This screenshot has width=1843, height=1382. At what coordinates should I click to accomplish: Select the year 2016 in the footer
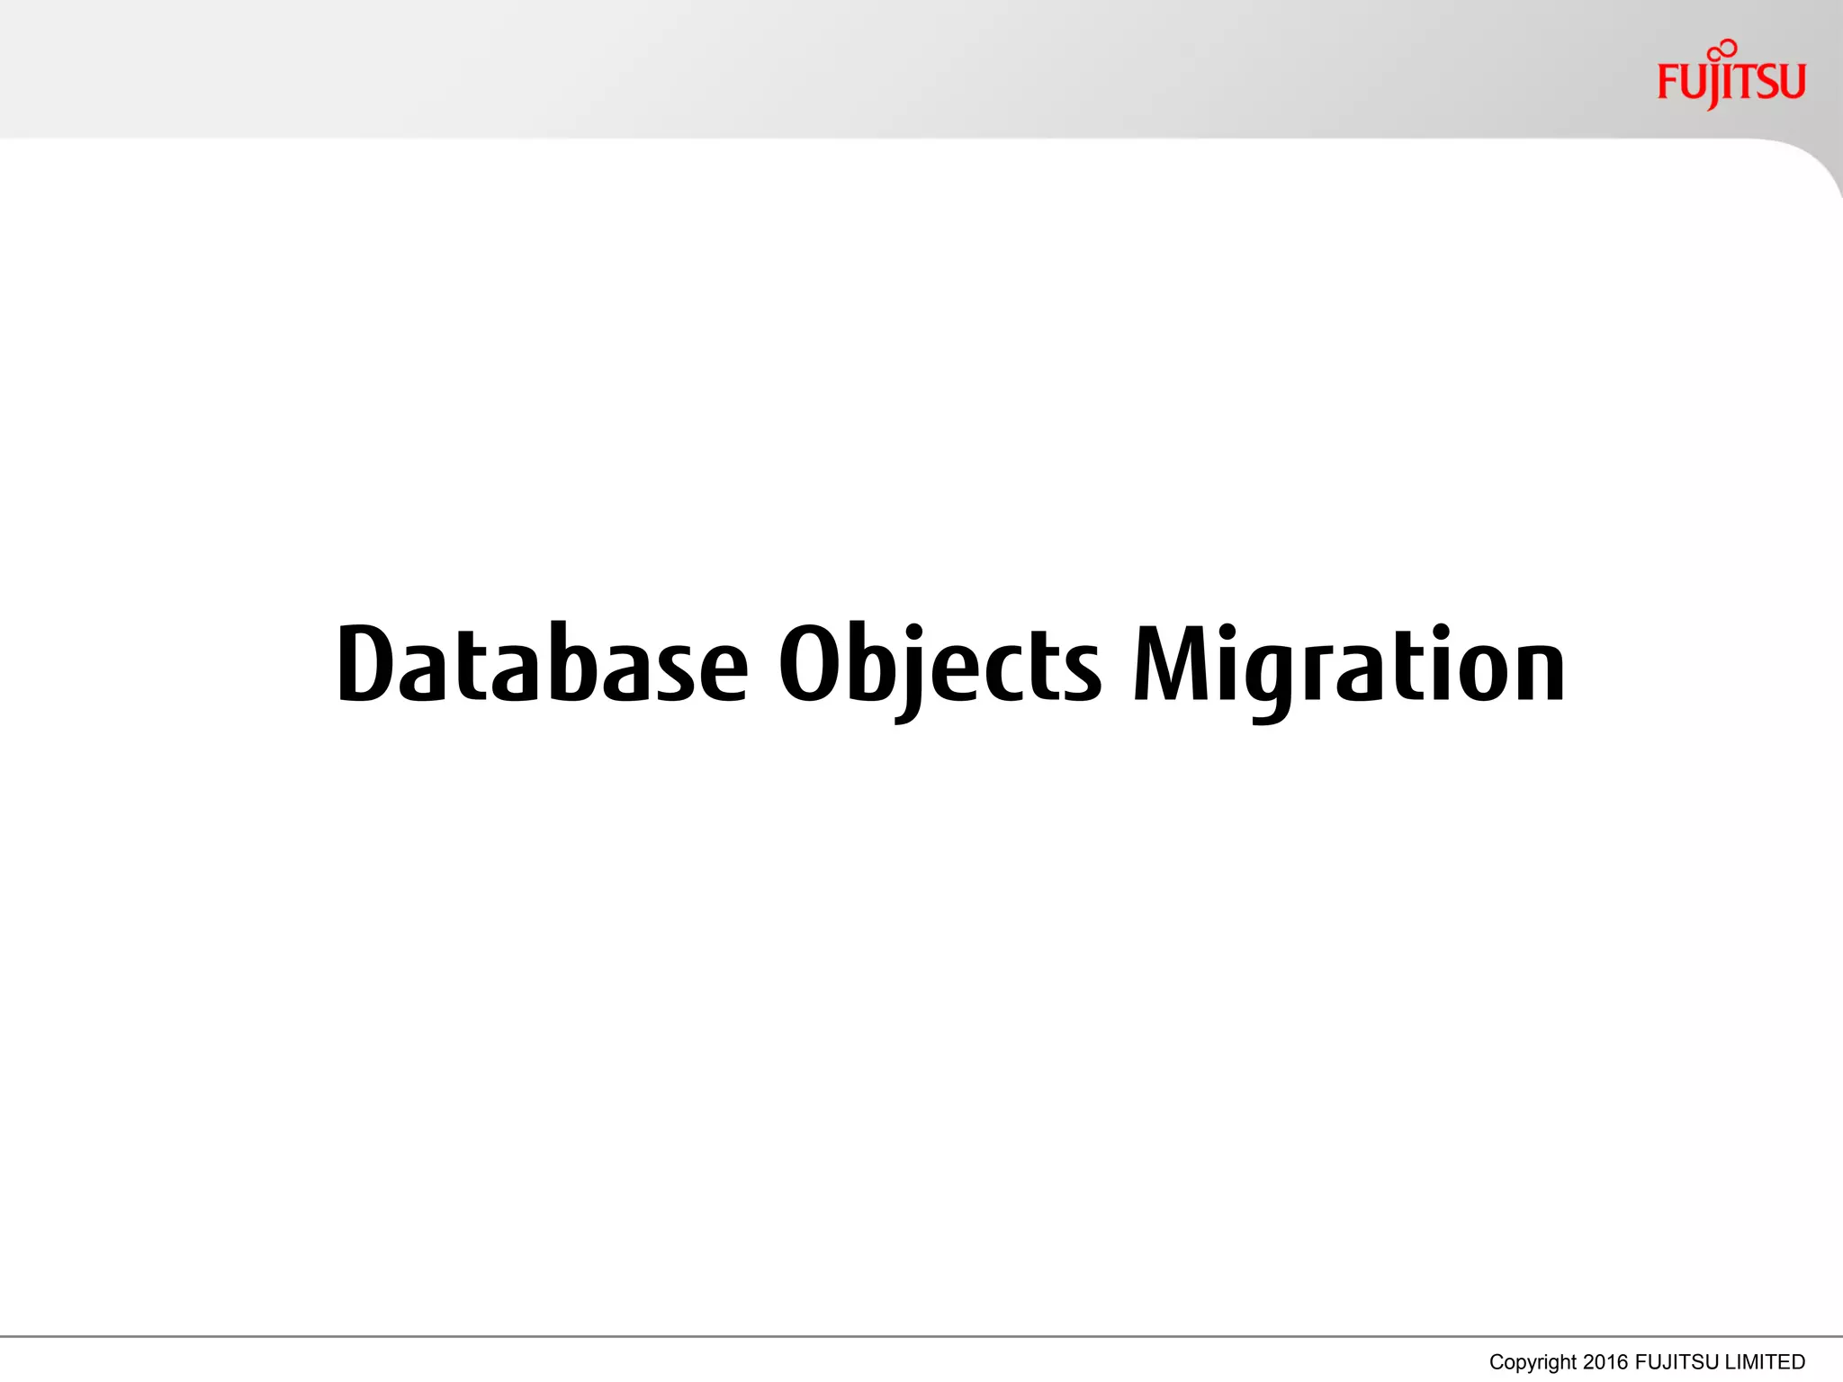(1605, 1362)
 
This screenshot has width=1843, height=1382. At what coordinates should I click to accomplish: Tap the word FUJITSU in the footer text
(1677, 1362)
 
